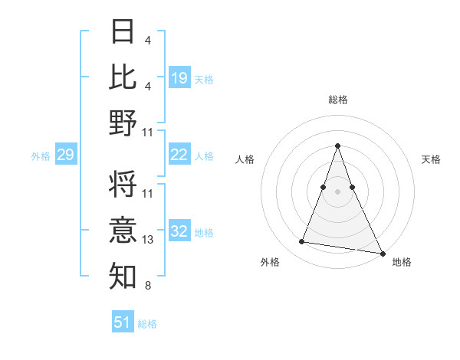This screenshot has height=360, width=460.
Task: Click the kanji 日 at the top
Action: coord(123,32)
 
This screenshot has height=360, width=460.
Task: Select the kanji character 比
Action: coord(123,77)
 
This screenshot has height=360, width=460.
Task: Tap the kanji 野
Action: coord(123,123)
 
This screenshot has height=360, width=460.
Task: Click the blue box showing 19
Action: coord(179,77)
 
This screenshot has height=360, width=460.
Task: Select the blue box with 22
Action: coord(179,155)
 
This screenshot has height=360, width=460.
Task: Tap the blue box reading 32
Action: coord(179,231)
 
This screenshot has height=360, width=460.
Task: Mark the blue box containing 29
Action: coord(65,155)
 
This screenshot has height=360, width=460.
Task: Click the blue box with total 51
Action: coord(123,322)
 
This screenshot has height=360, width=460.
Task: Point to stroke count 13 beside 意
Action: coord(149,240)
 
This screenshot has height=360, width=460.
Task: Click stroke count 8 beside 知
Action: coord(149,286)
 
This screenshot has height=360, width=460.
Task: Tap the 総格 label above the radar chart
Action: coord(338,100)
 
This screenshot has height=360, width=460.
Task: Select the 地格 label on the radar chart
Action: coord(402,262)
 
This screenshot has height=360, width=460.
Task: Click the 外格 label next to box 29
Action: coord(41,156)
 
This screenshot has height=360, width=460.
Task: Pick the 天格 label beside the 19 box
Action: coord(204,79)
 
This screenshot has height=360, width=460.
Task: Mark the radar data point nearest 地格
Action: coord(382,252)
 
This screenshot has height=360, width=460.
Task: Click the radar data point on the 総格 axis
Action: coord(338,146)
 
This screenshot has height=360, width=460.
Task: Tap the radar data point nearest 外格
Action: coord(301,242)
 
